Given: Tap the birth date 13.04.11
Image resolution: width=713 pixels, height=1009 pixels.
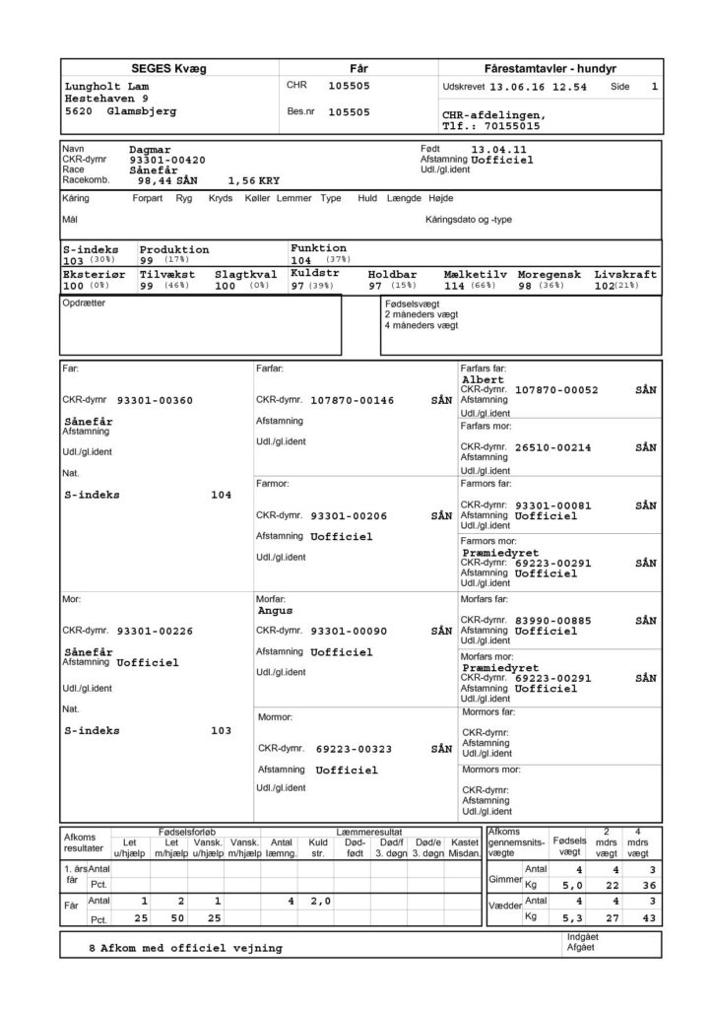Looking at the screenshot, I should tap(503, 149).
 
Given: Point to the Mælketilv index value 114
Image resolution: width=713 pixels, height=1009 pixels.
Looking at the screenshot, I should tap(457, 285).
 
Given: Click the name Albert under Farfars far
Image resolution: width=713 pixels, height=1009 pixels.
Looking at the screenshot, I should tap(483, 379).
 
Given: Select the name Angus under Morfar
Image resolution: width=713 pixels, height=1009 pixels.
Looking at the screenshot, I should tap(275, 611).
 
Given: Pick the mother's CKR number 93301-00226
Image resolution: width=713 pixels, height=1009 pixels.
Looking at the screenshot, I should tap(156, 630).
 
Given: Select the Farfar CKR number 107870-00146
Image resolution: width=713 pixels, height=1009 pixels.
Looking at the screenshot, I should tap(352, 400).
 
